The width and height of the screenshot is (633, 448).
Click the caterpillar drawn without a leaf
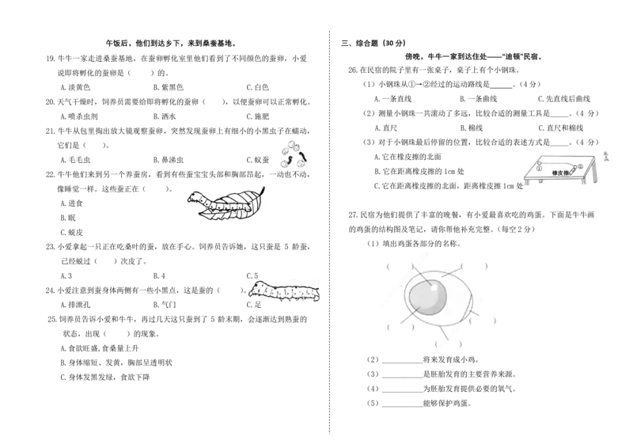(x=284, y=290)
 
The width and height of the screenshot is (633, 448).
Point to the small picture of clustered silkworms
(x=294, y=155)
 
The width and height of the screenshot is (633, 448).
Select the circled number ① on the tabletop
(x=538, y=167)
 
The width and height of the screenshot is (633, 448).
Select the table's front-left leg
(x=524, y=184)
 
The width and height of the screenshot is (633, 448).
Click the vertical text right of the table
(x=605, y=158)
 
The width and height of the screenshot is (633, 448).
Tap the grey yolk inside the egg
(x=427, y=299)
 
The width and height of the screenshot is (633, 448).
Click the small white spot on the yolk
(x=428, y=286)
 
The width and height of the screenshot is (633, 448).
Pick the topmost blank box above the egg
(x=424, y=251)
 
